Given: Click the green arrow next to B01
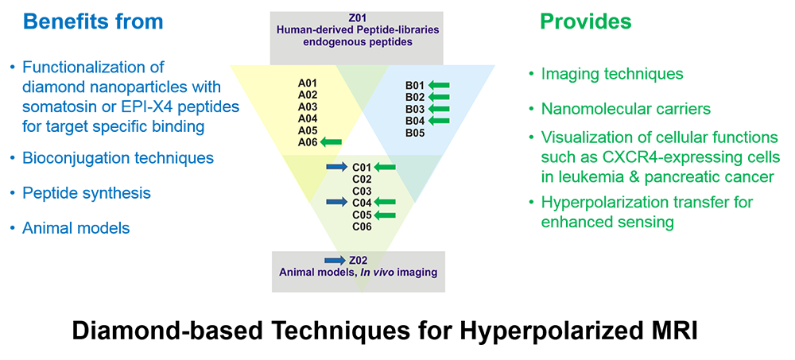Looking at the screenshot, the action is pos(439,85).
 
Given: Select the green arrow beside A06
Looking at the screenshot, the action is pos(331,142).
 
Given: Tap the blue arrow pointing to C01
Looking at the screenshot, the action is pos(336,167).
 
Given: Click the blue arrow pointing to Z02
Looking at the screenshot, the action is pos(335,261).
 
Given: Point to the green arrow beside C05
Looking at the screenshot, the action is pos(384,215).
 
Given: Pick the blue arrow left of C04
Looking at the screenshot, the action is pos(336,203).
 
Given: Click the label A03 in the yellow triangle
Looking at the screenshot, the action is pos(308,106).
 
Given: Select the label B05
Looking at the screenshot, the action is pos(415,134).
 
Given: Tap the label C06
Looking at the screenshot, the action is pos(362,226).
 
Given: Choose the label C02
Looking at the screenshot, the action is pos(362,179).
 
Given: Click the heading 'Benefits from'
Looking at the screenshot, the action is pos(93,21).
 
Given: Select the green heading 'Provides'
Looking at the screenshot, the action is pos(586,21).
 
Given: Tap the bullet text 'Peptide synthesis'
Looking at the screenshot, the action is pos(87,193).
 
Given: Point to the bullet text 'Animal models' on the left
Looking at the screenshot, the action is pos(76,228).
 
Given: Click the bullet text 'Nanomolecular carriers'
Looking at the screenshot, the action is pos(626,109).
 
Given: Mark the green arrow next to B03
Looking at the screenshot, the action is pos(439,109).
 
